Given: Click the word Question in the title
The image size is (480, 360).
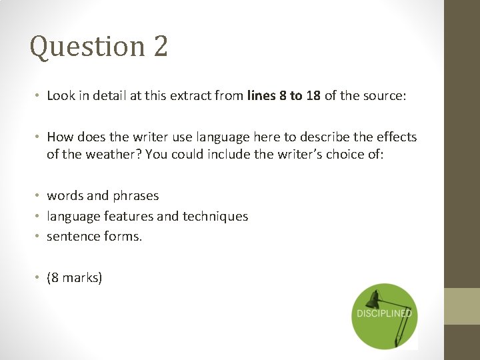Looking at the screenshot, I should tap(87, 47).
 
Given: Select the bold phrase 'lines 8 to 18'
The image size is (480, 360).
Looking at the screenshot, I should tap(283, 95).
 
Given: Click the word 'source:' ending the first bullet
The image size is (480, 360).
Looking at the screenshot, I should tap(383, 95).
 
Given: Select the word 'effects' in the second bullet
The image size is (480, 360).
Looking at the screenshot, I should tap(395, 137).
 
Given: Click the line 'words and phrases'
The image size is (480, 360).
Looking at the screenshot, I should tap(103, 195).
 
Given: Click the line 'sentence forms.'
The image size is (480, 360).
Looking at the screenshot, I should tap(94, 236).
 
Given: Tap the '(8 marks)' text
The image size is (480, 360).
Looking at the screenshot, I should tap(75, 277).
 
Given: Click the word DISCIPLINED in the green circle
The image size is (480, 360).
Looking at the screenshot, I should tap(384, 313).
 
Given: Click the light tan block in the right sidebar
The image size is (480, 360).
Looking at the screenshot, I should tap(462, 306).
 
